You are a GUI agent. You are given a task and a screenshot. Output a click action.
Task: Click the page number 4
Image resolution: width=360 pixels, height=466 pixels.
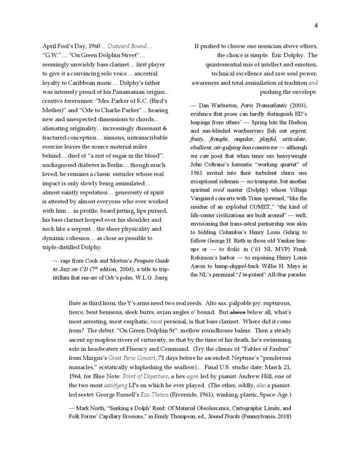click(315, 26)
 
